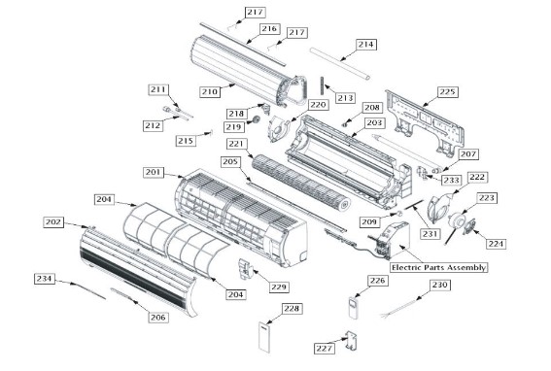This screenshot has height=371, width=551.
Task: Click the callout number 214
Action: tap(365, 45)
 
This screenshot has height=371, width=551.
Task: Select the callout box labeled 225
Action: tap(448, 92)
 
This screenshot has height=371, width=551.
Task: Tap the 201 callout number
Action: tap(154, 172)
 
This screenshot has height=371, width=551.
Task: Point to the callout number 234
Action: tap(45, 279)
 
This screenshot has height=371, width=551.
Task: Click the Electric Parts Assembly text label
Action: tap(438, 267)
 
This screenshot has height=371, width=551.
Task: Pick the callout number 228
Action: tap(292, 309)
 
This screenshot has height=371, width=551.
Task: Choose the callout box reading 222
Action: tap(477, 178)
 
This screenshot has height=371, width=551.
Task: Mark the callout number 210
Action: tap(210, 92)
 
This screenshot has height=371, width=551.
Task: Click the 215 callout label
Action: tap(186, 141)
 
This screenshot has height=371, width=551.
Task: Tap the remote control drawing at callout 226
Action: tap(353, 308)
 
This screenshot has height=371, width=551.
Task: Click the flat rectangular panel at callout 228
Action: tap(265, 337)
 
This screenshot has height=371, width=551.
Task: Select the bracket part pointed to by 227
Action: tap(352, 341)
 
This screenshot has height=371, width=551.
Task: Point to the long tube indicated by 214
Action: tap(340, 64)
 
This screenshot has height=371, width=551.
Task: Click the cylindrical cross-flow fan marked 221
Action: tap(301, 182)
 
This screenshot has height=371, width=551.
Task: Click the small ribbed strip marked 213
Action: tap(322, 85)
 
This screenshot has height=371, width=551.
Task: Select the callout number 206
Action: tap(158, 318)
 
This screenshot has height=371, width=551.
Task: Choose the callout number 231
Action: tap(430, 234)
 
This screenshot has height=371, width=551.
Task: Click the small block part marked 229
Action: tap(246, 269)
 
